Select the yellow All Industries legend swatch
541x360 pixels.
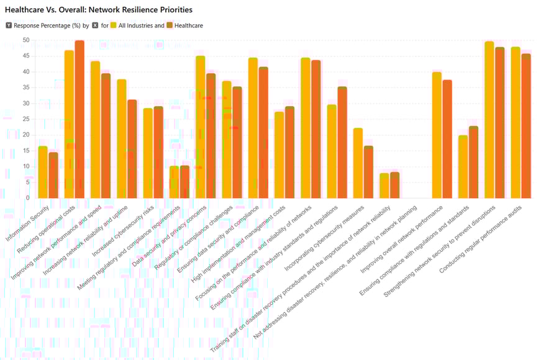(114, 25)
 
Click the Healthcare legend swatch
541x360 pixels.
(170, 25)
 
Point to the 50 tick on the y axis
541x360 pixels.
(25, 40)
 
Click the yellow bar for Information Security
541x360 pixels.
(43, 172)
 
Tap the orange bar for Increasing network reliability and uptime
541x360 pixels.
(132, 149)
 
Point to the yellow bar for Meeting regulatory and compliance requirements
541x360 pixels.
(174, 182)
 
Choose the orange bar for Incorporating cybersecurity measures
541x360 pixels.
(368, 172)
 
